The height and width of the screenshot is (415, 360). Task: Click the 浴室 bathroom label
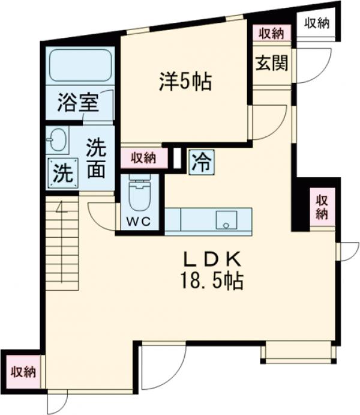click(78, 104)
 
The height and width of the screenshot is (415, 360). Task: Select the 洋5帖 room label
click(185, 82)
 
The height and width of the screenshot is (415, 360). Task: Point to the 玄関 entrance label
click(271, 62)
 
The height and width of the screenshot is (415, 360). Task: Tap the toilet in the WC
click(139, 191)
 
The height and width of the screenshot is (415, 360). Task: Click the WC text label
click(139, 220)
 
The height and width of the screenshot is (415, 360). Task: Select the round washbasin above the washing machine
click(58, 141)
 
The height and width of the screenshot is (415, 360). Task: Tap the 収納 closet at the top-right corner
click(316, 23)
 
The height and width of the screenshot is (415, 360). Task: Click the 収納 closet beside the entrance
click(271, 34)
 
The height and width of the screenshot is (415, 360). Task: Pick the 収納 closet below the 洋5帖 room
click(144, 158)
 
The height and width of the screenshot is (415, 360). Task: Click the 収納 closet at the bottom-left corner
click(23, 371)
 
